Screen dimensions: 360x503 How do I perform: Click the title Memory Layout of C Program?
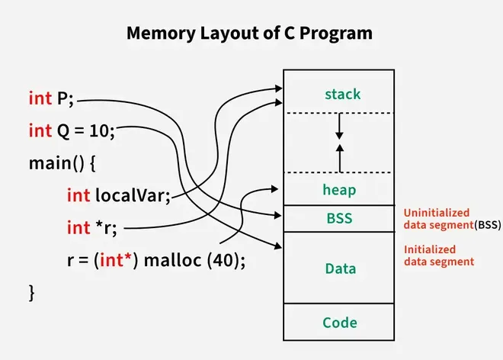[251, 34]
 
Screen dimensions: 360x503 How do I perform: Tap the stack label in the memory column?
[342, 95]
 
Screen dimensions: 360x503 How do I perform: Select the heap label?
[340, 190]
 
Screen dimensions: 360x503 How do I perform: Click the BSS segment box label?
[340, 218]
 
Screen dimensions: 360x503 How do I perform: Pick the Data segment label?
[340, 268]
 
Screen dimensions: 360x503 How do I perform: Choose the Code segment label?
[340, 323]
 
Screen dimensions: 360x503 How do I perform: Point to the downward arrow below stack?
[340, 127]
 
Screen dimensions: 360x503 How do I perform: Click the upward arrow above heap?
[340, 157]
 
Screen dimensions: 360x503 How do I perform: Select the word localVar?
[130, 194]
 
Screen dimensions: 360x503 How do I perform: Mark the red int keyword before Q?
[40, 130]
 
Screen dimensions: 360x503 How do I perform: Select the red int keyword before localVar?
[78, 194]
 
